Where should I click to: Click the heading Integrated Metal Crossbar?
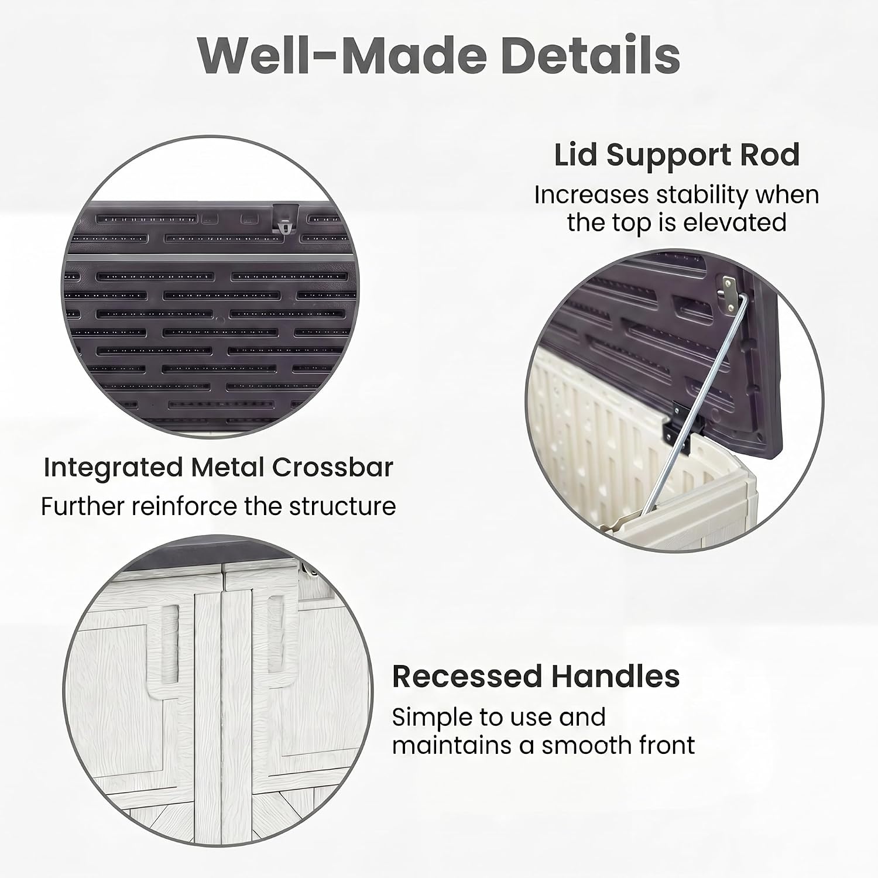pyautogui.click(x=218, y=467)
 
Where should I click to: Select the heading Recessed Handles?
pyautogui.click(x=536, y=677)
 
